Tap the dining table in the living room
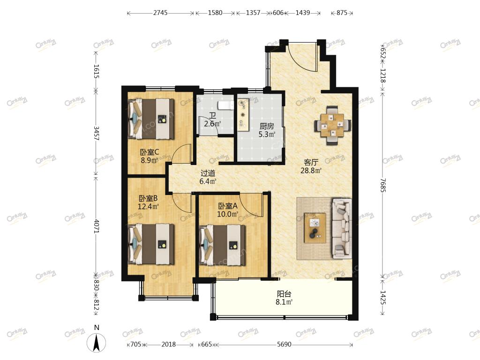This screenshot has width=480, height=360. (332, 125)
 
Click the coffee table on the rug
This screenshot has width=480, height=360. (315, 228)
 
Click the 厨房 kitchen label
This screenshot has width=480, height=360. (267, 126)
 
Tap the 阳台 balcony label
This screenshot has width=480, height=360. (284, 294)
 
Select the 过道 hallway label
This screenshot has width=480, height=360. (208, 173)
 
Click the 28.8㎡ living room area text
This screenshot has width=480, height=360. (311, 171)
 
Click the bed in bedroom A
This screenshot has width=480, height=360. (222, 245)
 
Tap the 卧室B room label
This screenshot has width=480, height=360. (148, 198)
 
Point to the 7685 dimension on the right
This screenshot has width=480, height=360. (382, 185)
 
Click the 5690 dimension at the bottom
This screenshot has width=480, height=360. (284, 345)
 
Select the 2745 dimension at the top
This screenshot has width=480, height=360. (160, 13)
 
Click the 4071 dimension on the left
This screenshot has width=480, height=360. (96, 226)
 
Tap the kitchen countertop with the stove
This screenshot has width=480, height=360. (244, 114)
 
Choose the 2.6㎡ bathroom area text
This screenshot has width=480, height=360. (212, 124)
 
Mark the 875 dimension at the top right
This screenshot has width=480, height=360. (342, 13)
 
